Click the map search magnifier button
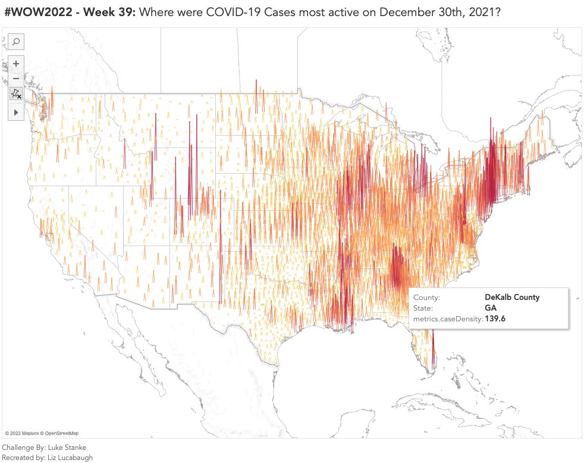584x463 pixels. point(16,42)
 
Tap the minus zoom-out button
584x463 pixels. point(16,79)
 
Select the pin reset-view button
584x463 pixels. point(16,94)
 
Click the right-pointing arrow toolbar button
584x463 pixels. point(16,111)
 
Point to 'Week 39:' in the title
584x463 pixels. point(110,12)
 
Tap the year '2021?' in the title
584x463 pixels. point(476,12)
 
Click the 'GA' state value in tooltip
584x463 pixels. point(491,308)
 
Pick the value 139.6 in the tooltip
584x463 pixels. point(495,320)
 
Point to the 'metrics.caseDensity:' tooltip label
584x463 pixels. point(447,320)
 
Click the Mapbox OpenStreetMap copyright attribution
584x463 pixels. point(42,433)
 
